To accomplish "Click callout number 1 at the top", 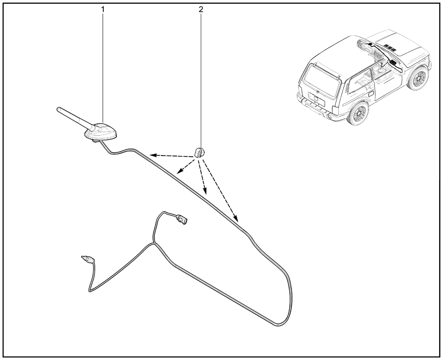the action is pos(103,9).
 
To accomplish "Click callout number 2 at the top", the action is pos(201,9).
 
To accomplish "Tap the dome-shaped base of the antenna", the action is pos(101,132).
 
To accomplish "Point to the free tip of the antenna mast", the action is pos(58,109).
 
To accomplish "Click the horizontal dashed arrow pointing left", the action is pos(172,156).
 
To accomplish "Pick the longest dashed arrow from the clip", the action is pos(220,191).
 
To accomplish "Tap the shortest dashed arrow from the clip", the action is pos(186,166).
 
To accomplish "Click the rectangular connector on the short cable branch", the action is pos(182,220).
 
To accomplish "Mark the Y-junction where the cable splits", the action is pos(154,243).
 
